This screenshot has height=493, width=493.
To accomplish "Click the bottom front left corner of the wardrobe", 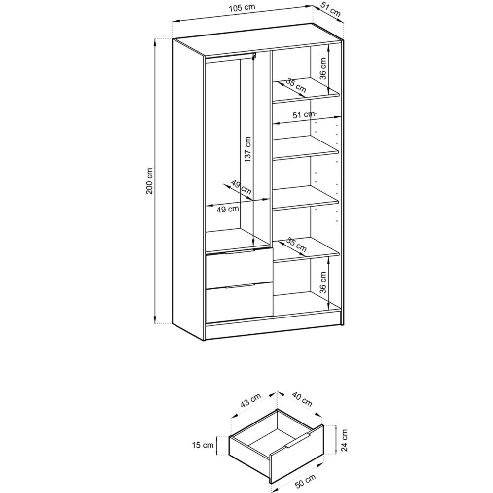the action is (x=205, y=341).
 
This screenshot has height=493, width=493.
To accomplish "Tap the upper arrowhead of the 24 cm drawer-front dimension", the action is (x=336, y=425).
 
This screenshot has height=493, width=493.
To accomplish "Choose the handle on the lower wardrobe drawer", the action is (x=239, y=286).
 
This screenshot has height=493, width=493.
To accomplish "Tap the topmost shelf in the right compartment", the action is (x=306, y=90).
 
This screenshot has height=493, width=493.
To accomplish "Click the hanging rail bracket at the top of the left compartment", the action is (x=255, y=56).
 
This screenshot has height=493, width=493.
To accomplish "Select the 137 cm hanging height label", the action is (x=248, y=149).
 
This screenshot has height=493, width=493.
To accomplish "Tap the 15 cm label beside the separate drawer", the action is (x=203, y=445).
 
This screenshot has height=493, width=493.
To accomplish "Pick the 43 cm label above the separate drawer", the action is (x=250, y=400).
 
